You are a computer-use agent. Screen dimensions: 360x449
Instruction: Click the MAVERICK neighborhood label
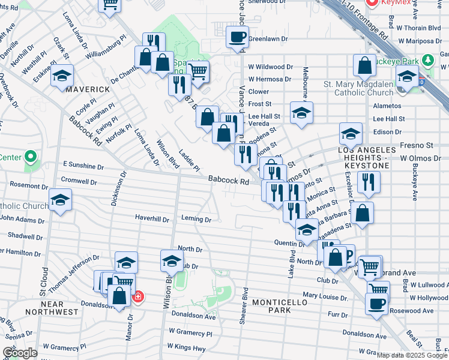click(88, 89)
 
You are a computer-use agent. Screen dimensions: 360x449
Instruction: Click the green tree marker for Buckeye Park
click(427, 61)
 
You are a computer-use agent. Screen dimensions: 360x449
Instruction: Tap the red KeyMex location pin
click(372, 3)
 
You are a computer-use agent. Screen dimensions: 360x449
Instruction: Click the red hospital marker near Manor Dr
click(137, 296)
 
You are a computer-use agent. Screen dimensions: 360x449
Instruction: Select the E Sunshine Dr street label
click(71, 165)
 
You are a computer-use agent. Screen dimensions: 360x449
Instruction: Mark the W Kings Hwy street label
click(186, 346)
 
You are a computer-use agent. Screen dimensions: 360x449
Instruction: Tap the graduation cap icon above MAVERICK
click(62, 76)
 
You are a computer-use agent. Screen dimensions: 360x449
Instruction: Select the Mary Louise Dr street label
click(326, 296)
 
